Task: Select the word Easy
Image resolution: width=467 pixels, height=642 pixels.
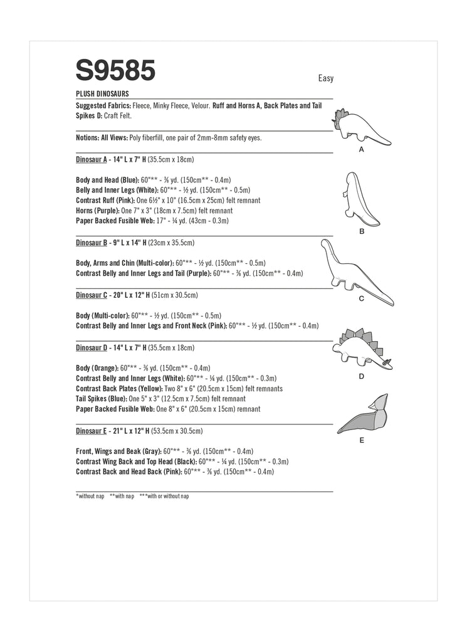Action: (325, 78)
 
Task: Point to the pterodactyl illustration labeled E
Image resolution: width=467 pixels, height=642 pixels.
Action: (362, 414)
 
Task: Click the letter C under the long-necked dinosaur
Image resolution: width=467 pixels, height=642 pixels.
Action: (362, 299)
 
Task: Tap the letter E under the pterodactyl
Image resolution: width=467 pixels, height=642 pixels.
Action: (362, 441)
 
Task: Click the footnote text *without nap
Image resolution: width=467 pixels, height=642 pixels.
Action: (90, 496)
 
